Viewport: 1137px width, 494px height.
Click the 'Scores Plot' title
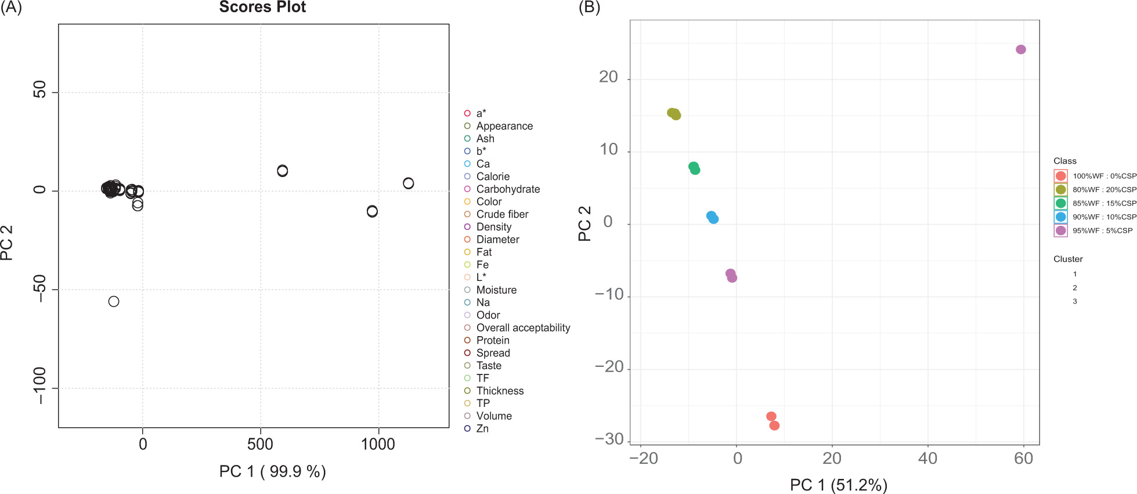262,8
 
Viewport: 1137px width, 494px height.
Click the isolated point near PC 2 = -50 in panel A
114,301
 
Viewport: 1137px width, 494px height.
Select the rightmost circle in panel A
409,183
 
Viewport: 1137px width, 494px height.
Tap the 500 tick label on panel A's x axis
260,445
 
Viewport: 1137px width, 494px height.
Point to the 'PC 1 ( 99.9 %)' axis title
272,471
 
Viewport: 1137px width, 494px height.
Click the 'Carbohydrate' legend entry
508,189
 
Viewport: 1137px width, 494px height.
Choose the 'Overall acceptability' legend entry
523,328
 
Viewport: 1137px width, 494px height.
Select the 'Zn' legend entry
482,429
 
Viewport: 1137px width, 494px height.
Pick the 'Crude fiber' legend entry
502,214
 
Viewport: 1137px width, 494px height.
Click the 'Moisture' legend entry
496,290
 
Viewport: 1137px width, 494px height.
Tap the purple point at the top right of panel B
1021,50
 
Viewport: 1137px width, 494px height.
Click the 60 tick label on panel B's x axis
1024,459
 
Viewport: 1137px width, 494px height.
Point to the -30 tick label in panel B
609,439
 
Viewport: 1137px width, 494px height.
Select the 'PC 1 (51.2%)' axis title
839,485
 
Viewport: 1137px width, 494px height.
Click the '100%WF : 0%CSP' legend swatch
1061,176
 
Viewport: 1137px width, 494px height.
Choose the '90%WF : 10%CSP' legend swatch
1061,217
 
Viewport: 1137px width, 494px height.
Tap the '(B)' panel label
589,8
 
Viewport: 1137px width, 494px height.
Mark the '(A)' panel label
11,8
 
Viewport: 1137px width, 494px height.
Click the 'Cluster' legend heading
1068,259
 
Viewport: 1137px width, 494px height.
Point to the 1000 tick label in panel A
378,445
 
